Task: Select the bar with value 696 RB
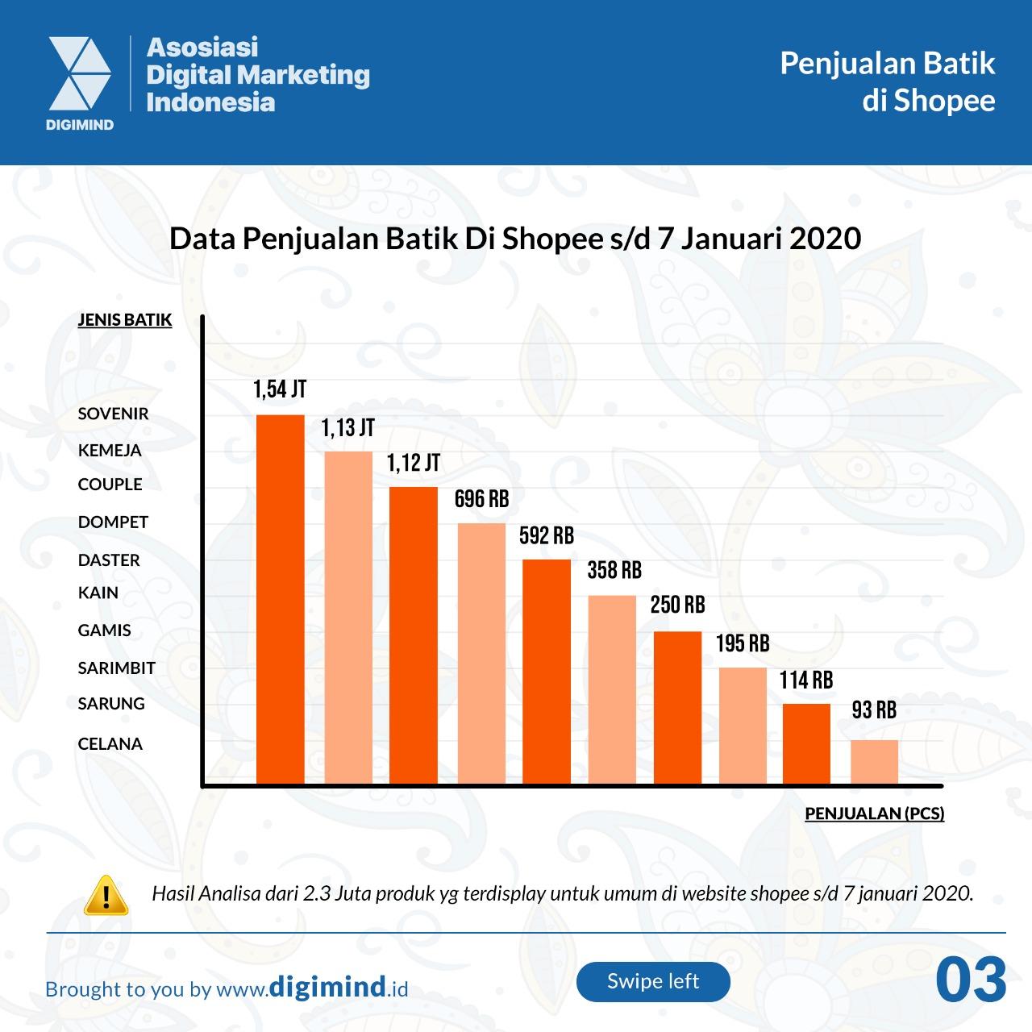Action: point(481,652)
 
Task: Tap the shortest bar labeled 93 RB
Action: point(874,761)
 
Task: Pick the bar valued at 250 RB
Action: point(677,706)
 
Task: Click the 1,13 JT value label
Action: point(347,427)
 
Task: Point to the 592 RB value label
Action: point(546,535)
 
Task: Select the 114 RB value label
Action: point(805,680)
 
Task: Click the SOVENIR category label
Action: point(113,414)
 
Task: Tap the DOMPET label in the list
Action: point(113,522)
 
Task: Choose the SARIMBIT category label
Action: point(116,668)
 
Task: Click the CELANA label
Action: point(110,743)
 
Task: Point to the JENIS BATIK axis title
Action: point(124,319)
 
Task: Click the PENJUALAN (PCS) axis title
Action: point(874,813)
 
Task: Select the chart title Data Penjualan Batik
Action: point(515,239)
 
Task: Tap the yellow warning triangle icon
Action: point(106,894)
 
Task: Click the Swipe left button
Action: point(653,981)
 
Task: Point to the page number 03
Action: point(971,980)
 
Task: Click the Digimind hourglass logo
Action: point(80,74)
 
